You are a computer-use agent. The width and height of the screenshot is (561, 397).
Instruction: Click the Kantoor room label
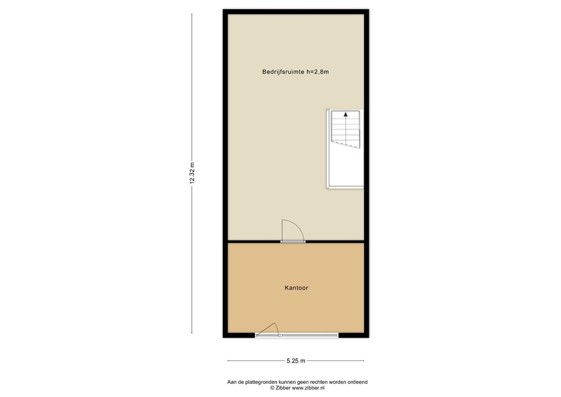coord(296,287)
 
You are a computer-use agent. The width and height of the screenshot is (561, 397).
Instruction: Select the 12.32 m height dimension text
coord(192,173)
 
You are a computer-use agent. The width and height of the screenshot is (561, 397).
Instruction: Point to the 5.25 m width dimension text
coord(296,360)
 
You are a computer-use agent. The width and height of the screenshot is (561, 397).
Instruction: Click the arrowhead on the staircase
coord(346,115)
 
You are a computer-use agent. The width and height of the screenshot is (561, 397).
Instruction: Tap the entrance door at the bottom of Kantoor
coord(268,329)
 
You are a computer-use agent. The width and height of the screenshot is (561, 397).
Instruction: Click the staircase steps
coord(346,131)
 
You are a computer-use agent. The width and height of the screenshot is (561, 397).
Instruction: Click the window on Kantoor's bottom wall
coord(308,334)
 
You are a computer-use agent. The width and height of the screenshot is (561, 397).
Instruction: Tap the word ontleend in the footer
coord(356,382)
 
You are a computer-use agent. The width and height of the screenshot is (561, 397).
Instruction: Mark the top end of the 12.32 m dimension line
coord(192,14)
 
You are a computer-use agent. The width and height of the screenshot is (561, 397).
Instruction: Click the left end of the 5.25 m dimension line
coord(228,360)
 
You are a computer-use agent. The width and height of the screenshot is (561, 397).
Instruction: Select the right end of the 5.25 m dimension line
coord(364,360)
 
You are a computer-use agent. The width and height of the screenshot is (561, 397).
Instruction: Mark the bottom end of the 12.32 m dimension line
coord(192,333)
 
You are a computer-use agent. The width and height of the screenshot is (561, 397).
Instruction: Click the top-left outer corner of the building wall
coord(224,10)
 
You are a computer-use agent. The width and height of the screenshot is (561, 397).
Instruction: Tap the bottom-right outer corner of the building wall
coord(369,337)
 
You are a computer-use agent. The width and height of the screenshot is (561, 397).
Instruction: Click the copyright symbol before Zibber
coord(272,388)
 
